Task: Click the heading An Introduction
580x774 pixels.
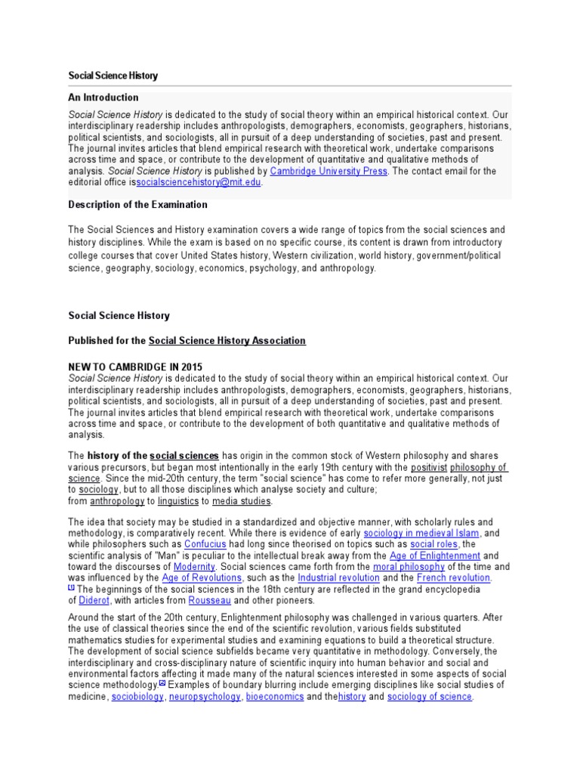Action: point(103,98)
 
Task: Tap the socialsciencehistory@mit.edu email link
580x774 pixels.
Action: point(199,183)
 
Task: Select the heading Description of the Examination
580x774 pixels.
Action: point(137,205)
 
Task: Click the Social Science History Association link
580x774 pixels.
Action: point(227,341)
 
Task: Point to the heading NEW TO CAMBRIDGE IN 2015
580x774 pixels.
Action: point(135,367)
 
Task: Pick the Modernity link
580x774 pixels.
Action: point(194,567)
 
